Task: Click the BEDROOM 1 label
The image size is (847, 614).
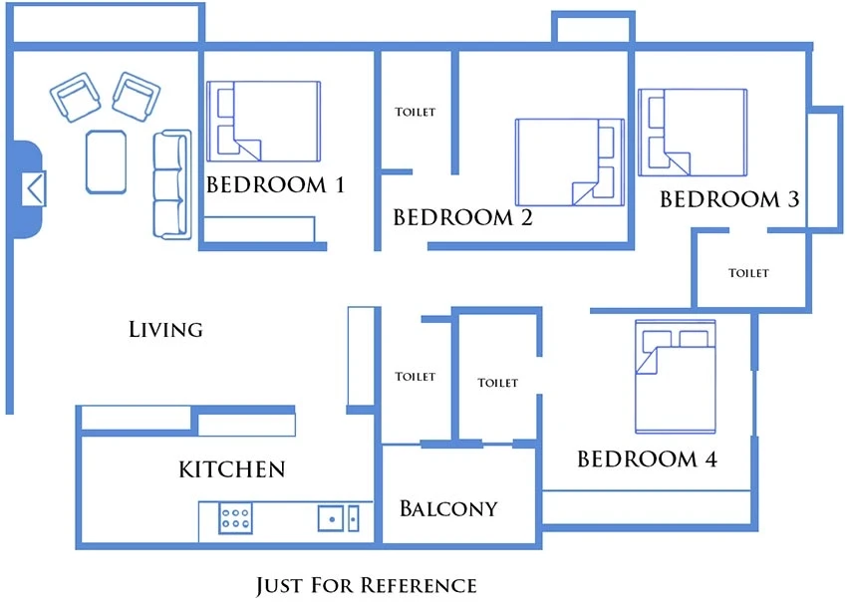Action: pos(275,184)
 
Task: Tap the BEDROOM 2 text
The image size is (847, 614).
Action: pos(463,217)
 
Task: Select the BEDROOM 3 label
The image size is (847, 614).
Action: pos(729,199)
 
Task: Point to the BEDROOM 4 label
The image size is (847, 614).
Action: pos(647,459)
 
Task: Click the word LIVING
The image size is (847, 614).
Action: pos(165,329)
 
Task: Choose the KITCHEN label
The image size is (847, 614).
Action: pos(232,469)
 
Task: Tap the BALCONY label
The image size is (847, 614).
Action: pos(448,508)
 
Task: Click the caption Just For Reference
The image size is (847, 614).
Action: pos(367,585)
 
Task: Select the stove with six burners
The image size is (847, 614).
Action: pos(235,517)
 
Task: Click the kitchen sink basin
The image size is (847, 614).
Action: pos(331,518)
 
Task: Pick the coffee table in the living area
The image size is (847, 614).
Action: pos(106,161)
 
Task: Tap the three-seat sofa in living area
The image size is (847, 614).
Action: pos(172,184)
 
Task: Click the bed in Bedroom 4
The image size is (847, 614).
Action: pos(676,377)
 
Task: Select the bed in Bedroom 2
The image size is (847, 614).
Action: pos(570,162)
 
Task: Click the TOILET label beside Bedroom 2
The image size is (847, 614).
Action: pos(415,112)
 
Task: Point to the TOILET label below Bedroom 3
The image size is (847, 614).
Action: pos(748,273)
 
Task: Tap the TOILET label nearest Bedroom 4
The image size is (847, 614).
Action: pos(497,383)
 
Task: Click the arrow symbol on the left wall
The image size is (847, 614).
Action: pos(34,189)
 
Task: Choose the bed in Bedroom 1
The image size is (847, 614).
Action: pos(264,121)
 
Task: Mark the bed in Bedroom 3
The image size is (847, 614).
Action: pos(693,133)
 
